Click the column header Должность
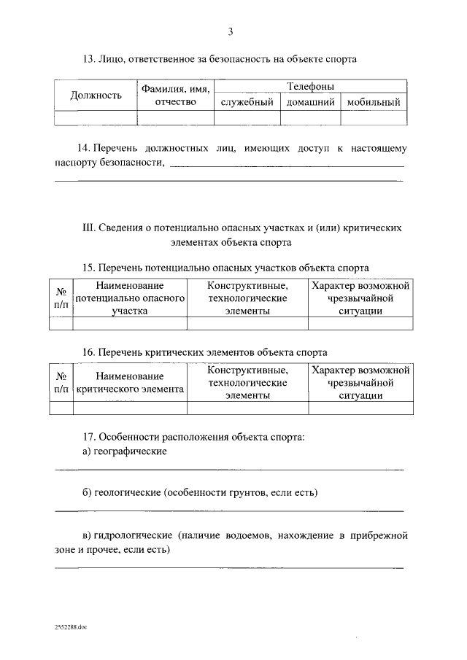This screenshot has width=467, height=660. tap(96, 95)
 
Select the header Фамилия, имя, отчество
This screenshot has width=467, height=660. tap(176, 95)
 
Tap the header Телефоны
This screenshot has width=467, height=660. tap(311, 86)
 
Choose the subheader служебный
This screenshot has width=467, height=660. tap(247, 103)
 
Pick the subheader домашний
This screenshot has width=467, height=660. tap(310, 103)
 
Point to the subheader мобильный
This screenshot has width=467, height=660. tap(374, 103)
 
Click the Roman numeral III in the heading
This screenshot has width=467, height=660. tap(88, 228)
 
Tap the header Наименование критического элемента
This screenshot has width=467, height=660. tap(129, 383)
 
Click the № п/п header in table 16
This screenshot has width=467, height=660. tap(61, 383)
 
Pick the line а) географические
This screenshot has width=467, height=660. tap(125, 451)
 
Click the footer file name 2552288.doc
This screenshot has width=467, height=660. tap(70, 626)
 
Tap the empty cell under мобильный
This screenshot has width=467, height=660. tap(374, 115)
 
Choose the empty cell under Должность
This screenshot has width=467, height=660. tap(96, 115)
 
